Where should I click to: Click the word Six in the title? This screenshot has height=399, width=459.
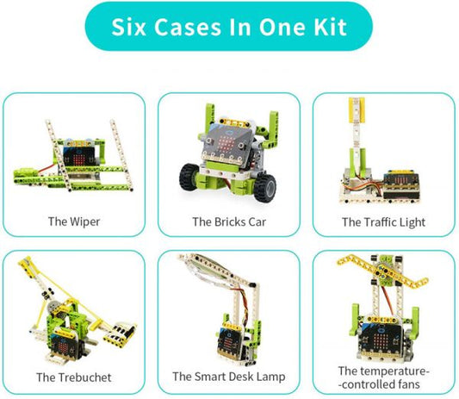(134, 26)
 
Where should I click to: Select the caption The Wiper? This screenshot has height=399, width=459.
(74, 221)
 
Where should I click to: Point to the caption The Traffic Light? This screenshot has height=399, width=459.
(383, 221)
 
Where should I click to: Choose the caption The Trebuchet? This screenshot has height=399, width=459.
(73, 377)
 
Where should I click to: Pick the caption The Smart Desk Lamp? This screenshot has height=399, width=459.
(228, 377)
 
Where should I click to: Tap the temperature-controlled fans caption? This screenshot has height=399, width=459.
(383, 377)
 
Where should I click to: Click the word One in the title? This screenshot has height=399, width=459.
(279, 26)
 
